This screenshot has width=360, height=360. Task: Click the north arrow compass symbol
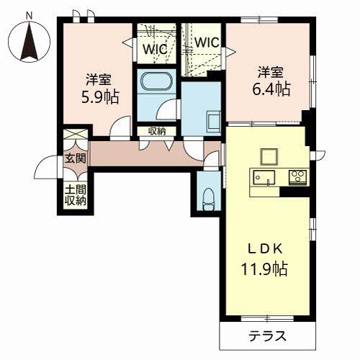point(30,41)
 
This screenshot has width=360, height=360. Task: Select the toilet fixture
point(208,199)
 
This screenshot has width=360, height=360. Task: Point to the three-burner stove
point(298,177)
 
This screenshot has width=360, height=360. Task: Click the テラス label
point(268,336)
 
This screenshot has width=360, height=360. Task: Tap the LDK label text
point(265,250)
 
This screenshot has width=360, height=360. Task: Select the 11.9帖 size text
point(264,269)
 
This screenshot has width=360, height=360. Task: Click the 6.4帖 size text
point(271,89)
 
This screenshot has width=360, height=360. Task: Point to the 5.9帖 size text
point(100,96)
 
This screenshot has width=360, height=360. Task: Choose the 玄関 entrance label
point(76,158)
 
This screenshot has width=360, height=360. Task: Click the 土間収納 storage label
point(76,195)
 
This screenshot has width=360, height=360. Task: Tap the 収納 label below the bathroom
point(157,131)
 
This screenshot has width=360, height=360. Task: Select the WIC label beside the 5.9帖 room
point(156,49)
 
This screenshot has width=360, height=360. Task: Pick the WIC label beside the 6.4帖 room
point(207,42)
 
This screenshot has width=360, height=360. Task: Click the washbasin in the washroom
point(213,122)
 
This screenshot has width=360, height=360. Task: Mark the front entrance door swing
point(46,167)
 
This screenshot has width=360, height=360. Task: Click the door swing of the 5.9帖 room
point(120,127)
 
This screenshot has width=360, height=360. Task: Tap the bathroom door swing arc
point(166,109)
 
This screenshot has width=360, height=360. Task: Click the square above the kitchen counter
point(269,157)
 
